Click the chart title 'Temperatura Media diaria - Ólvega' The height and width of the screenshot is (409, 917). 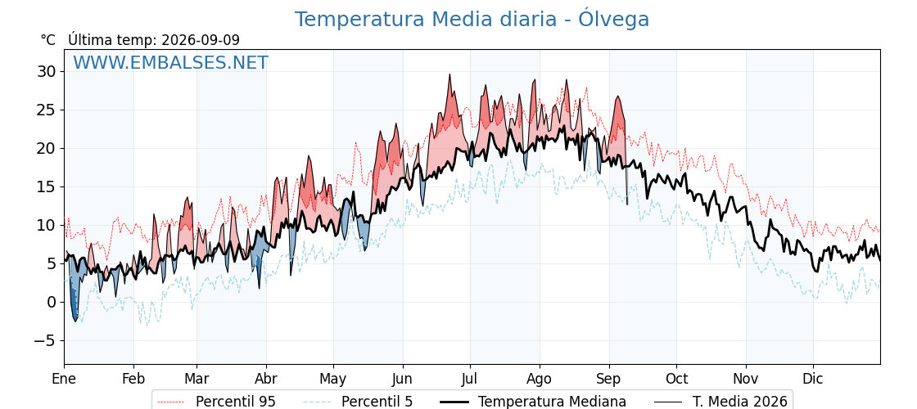coord(472,20)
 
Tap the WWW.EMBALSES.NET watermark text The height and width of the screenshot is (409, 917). coord(171,62)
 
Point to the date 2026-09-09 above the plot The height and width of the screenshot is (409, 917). coord(201,40)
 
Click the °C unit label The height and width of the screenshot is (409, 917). coord(48,40)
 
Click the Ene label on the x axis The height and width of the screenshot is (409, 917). coord(64,379)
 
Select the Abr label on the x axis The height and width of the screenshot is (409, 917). coord(266,379)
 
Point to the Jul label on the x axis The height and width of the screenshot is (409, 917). coord(470,379)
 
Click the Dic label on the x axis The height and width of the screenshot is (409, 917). coord(813,379)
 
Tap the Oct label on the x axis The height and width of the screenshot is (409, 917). coord(676,379)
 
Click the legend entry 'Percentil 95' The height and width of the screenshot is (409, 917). coord(216,402)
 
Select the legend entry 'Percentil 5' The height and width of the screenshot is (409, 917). coord(357,402)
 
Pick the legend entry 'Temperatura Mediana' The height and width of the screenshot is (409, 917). coord(533,402)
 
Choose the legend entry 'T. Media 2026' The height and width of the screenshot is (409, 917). coord(720,402)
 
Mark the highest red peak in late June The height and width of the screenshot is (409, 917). coord(449,74)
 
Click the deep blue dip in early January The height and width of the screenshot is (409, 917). coord(75,320)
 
